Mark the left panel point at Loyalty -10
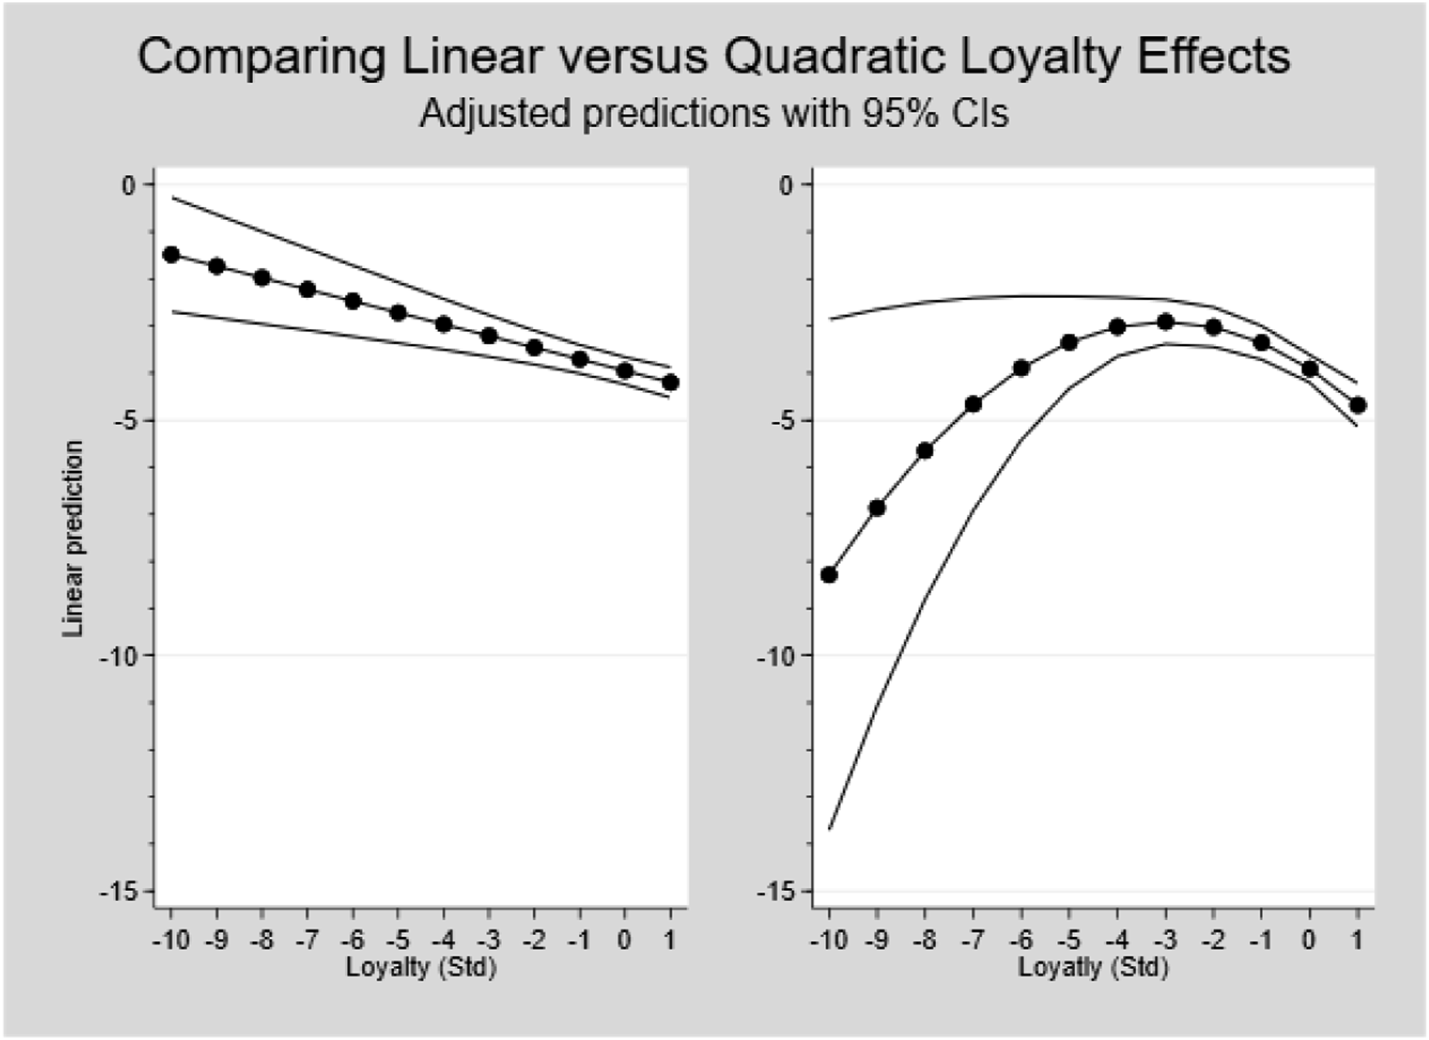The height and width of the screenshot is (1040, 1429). click(x=171, y=254)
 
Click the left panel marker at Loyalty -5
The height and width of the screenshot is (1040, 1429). click(x=398, y=313)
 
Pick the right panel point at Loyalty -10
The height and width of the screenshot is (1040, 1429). click(x=829, y=575)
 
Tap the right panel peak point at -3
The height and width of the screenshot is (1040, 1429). click(x=1166, y=321)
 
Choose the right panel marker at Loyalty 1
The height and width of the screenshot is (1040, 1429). click(x=1358, y=405)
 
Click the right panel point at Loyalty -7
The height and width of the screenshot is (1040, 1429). click(x=974, y=404)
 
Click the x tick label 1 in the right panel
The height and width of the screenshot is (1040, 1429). click(x=1358, y=940)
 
